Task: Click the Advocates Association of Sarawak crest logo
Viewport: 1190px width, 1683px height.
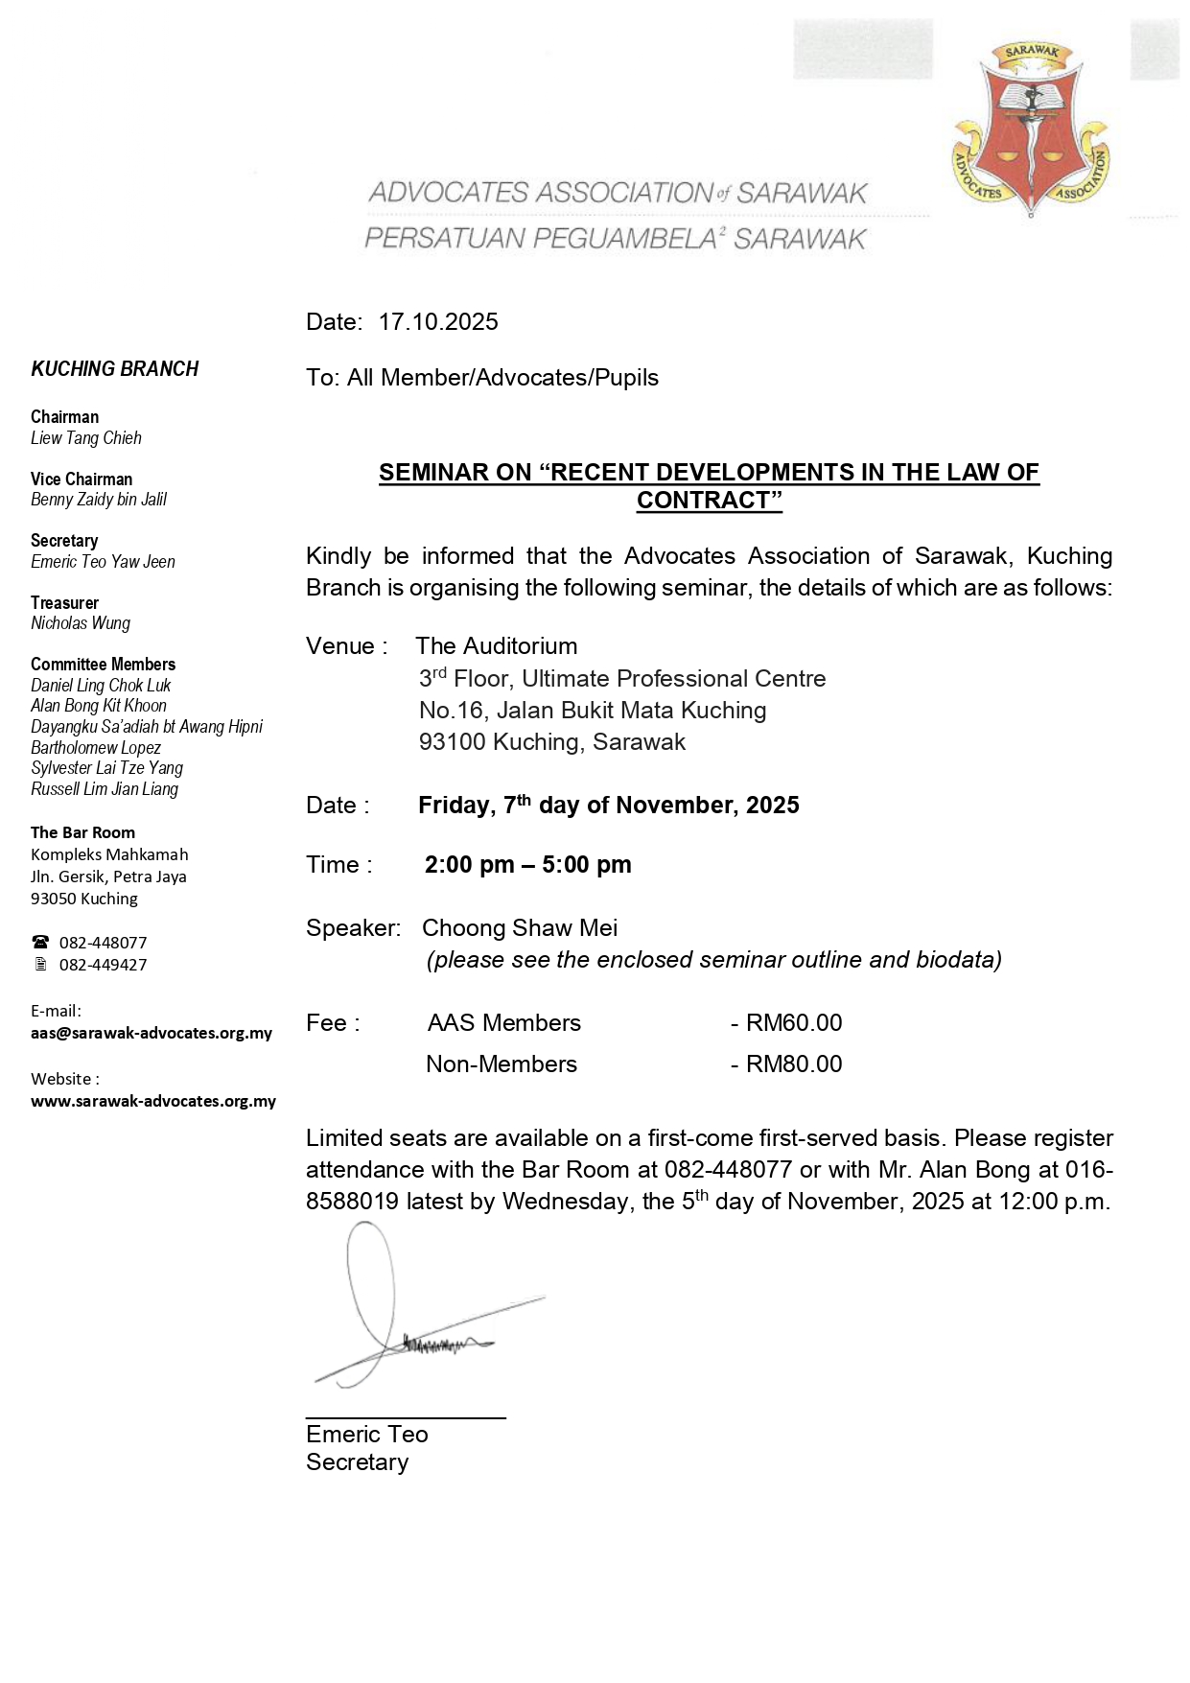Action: pyautogui.click(x=1031, y=129)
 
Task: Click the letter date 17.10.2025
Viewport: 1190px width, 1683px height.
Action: pyautogui.click(x=438, y=322)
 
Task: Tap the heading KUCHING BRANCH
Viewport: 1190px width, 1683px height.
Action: pyautogui.click(x=114, y=369)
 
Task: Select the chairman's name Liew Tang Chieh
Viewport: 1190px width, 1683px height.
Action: pyautogui.click(x=86, y=438)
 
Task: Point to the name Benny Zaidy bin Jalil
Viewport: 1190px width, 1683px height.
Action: pyautogui.click(x=99, y=500)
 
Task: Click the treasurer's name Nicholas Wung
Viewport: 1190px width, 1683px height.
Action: pyautogui.click(x=81, y=623)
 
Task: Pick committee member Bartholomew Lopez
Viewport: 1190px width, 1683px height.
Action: pyautogui.click(x=96, y=748)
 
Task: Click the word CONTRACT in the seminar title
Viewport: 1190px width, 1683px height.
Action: pyautogui.click(x=703, y=501)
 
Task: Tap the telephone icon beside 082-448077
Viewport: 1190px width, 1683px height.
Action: pyautogui.click(x=40, y=943)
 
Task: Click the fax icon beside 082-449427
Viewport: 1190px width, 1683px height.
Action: pyautogui.click(x=40, y=965)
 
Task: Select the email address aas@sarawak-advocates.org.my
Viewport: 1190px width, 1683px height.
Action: pyautogui.click(x=152, y=1033)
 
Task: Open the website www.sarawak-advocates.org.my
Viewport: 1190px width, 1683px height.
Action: pyautogui.click(x=153, y=1101)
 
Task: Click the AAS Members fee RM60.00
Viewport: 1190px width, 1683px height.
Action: pyautogui.click(x=794, y=1023)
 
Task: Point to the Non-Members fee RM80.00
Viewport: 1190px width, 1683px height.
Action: pyautogui.click(x=794, y=1064)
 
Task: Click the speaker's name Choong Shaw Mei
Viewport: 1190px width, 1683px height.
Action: pyautogui.click(x=520, y=928)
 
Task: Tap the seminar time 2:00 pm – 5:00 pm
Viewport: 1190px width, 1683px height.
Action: pyautogui.click(x=527, y=865)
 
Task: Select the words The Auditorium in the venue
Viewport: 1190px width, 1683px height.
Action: pyautogui.click(x=497, y=646)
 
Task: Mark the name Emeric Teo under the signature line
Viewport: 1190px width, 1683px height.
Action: pyautogui.click(x=367, y=1435)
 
